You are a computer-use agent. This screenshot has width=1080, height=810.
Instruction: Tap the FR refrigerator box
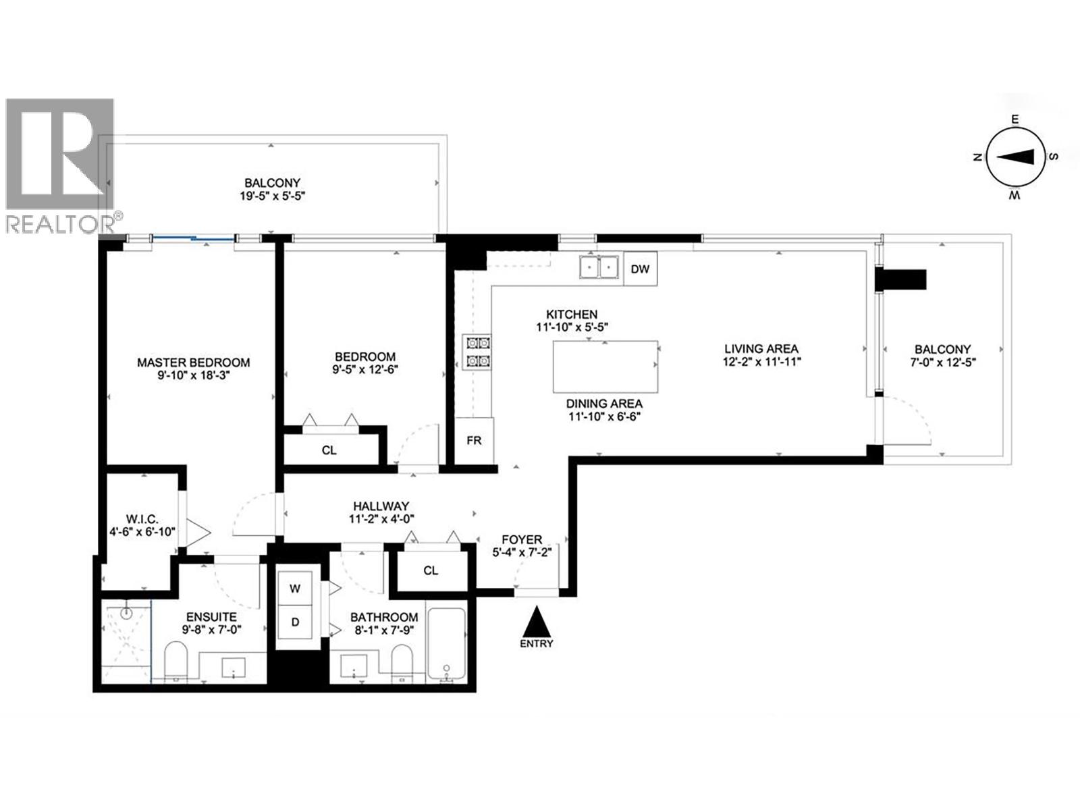tap(474, 441)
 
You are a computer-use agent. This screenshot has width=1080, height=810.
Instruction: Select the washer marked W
tap(295, 589)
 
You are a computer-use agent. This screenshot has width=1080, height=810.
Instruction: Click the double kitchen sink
tap(599, 268)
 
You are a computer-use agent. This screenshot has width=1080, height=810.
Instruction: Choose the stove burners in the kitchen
tap(476, 353)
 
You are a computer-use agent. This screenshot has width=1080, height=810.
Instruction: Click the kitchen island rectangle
tap(605, 367)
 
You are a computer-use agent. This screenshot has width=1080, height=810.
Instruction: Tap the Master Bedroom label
tap(193, 362)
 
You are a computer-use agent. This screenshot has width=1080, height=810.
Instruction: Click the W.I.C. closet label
tap(142, 519)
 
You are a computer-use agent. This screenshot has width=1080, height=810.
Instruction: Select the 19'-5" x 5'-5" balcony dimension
tap(272, 196)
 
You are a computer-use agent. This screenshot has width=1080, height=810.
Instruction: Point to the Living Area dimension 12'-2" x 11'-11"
tap(761, 361)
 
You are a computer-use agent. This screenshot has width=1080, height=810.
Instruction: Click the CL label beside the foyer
tap(431, 570)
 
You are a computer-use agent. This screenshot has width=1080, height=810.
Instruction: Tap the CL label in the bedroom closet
tap(329, 450)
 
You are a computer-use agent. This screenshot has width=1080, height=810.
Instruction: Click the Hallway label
tap(381, 506)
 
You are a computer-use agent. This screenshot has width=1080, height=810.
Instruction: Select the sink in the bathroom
tap(354, 665)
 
